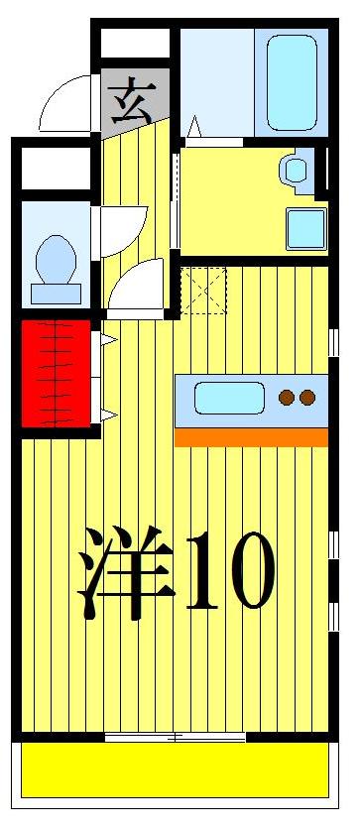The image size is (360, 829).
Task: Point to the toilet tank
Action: point(56,294)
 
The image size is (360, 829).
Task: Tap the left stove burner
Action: point(287,398)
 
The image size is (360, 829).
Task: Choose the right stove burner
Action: point(307,398)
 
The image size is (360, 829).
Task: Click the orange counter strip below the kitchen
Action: point(250,436)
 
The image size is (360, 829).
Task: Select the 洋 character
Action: point(124,572)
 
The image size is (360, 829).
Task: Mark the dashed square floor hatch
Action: point(203,289)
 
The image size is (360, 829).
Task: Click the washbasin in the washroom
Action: point(296,169)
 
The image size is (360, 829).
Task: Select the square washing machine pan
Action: point(305,229)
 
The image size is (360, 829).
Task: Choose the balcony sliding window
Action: point(175,737)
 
